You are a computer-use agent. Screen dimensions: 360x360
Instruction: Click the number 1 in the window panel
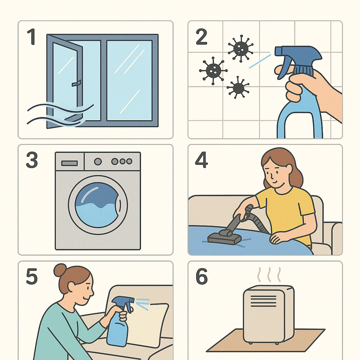(31, 37)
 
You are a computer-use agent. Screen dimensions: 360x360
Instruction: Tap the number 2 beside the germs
(201, 37)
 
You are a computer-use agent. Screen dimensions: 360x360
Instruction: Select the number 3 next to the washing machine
(32, 160)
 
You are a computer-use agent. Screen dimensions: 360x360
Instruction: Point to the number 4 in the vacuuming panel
(201, 160)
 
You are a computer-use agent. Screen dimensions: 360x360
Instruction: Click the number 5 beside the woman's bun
(32, 276)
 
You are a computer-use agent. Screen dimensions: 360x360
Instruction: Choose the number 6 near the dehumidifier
(201, 276)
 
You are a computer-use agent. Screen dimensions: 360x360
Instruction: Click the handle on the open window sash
(76, 83)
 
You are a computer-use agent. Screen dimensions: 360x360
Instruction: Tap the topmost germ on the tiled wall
(240, 49)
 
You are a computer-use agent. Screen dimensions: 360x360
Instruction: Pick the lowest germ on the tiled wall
(238, 88)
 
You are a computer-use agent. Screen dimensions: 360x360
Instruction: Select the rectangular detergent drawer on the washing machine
(69, 163)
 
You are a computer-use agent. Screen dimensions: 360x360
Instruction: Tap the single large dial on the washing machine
(98, 161)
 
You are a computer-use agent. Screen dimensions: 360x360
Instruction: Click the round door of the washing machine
(98, 205)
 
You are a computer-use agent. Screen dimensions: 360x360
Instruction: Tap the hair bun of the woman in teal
(60, 270)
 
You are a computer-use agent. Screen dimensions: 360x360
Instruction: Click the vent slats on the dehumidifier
(264, 301)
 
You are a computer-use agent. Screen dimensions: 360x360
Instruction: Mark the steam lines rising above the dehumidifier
(269, 275)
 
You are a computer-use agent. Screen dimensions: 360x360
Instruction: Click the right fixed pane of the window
(129, 81)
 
